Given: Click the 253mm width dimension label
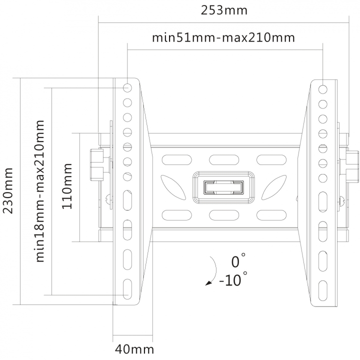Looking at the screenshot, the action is [224, 10].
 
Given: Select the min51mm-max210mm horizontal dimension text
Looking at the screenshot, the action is [223, 37].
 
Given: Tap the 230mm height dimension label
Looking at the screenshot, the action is [8, 191].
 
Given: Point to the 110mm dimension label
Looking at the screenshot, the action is [67, 186].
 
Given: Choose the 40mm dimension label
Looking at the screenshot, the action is [134, 349].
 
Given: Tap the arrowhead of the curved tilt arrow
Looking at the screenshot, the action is [208, 283].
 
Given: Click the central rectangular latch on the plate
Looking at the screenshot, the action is [223, 187].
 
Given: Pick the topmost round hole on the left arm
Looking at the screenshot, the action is [127, 87].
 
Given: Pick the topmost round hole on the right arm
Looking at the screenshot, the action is [323, 89].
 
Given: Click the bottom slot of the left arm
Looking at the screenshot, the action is [127, 289].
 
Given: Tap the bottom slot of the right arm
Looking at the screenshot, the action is [323, 290].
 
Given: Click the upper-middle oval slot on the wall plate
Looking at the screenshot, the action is [224, 160].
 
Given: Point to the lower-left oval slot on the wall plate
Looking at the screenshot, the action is [177, 215].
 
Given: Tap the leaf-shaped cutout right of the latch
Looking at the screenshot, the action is [274, 187].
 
